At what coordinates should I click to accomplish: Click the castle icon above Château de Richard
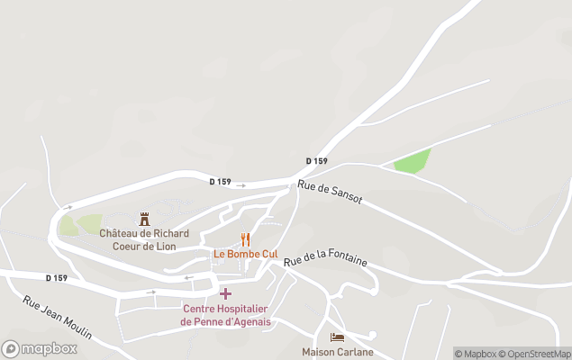pos(143,219)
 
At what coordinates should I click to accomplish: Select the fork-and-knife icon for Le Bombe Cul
pos(245,238)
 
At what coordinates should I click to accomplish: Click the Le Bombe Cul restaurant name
pos(245,254)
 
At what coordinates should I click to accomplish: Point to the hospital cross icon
pos(225,293)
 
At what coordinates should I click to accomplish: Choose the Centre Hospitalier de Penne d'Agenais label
pos(225,315)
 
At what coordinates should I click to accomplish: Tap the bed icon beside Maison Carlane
pos(337,337)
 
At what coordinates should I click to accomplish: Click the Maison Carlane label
pos(337,352)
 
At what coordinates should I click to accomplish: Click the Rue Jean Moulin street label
pos(58,318)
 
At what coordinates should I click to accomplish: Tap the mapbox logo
pos(40,348)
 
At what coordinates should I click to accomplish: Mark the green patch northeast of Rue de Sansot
pos(413,162)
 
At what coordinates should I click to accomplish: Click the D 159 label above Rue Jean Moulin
pos(56,278)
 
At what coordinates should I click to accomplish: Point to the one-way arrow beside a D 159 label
pos(241,185)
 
